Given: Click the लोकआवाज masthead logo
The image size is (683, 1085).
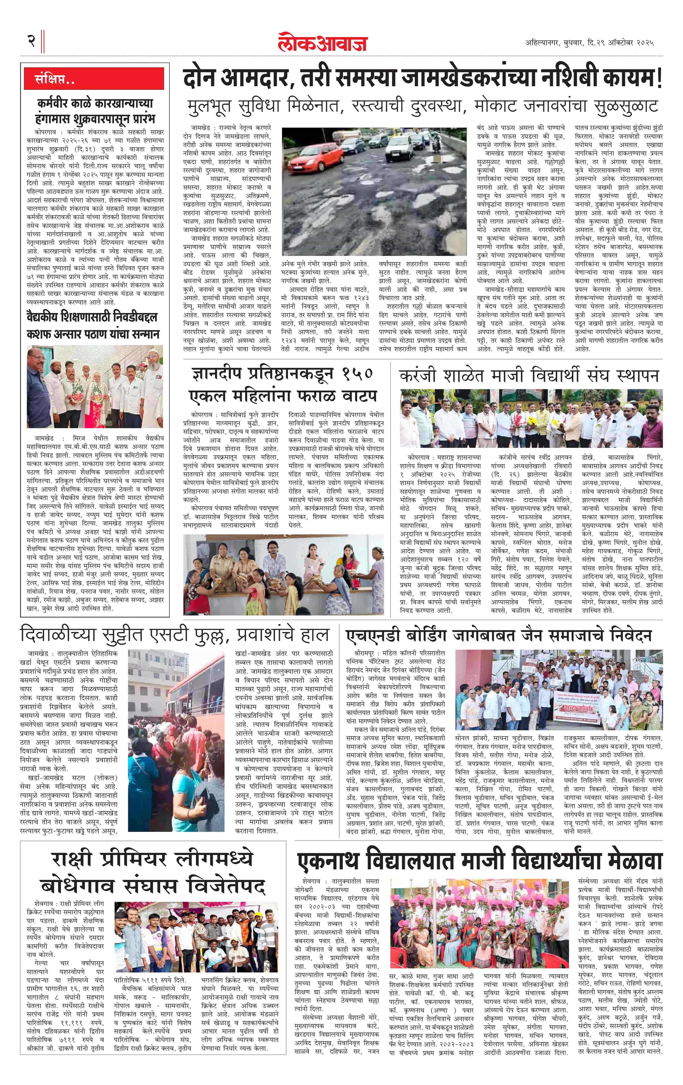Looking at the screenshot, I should pos(322,42).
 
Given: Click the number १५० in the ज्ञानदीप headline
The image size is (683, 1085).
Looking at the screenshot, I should pos(357,374).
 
